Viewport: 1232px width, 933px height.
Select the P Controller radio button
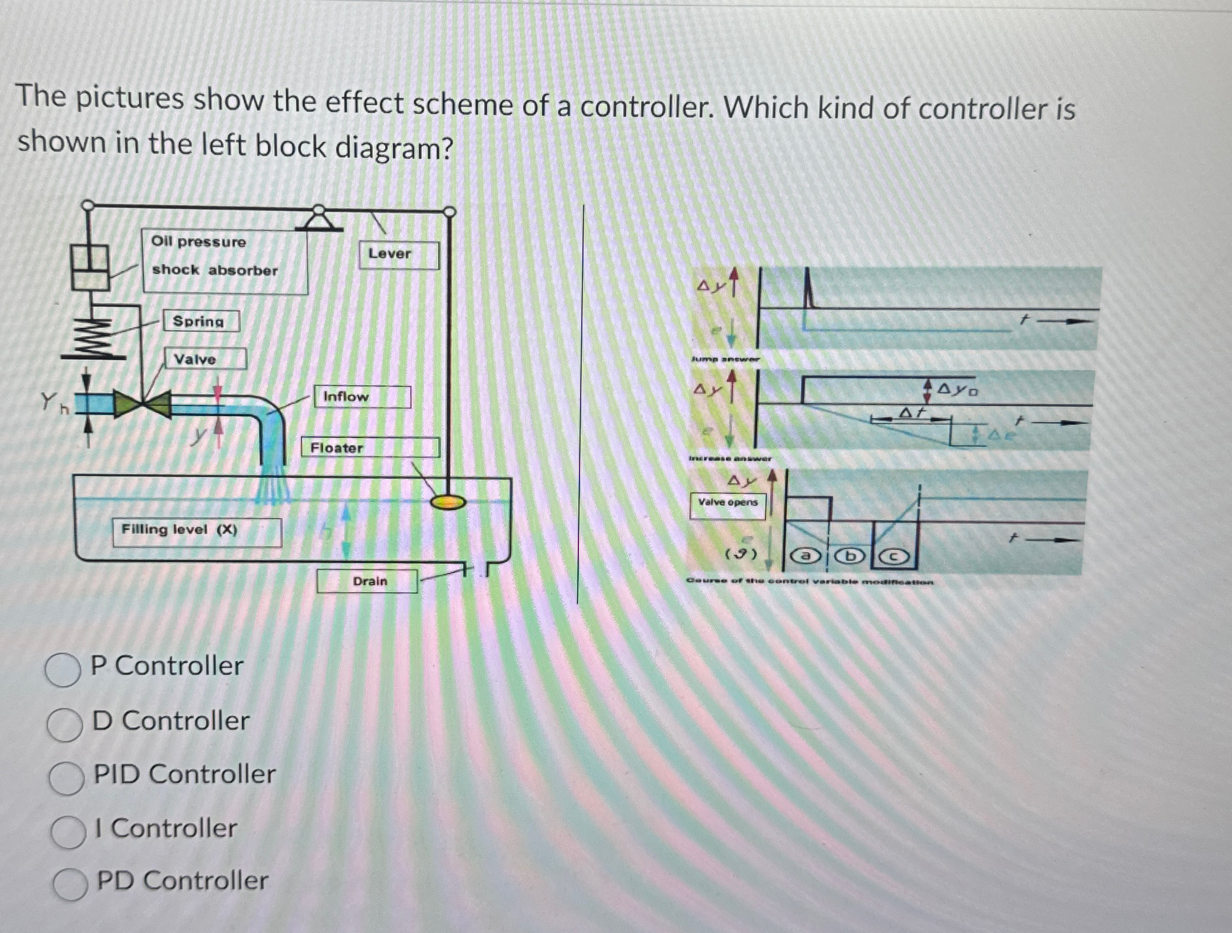[63, 670]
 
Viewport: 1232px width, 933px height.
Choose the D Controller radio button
[64, 725]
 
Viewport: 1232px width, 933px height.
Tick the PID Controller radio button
[66, 779]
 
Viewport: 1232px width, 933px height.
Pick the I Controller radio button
[68, 832]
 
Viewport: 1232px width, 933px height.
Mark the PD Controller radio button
[71, 885]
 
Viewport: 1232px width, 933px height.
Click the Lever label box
[398, 254]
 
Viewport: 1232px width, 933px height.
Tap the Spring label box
[201, 321]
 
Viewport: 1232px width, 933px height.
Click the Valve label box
[205, 359]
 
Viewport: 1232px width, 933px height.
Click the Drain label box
[367, 581]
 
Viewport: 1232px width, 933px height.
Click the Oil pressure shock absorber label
[225, 256]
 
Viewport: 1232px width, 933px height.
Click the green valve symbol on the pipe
[142, 404]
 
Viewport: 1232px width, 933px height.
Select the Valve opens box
[728, 503]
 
